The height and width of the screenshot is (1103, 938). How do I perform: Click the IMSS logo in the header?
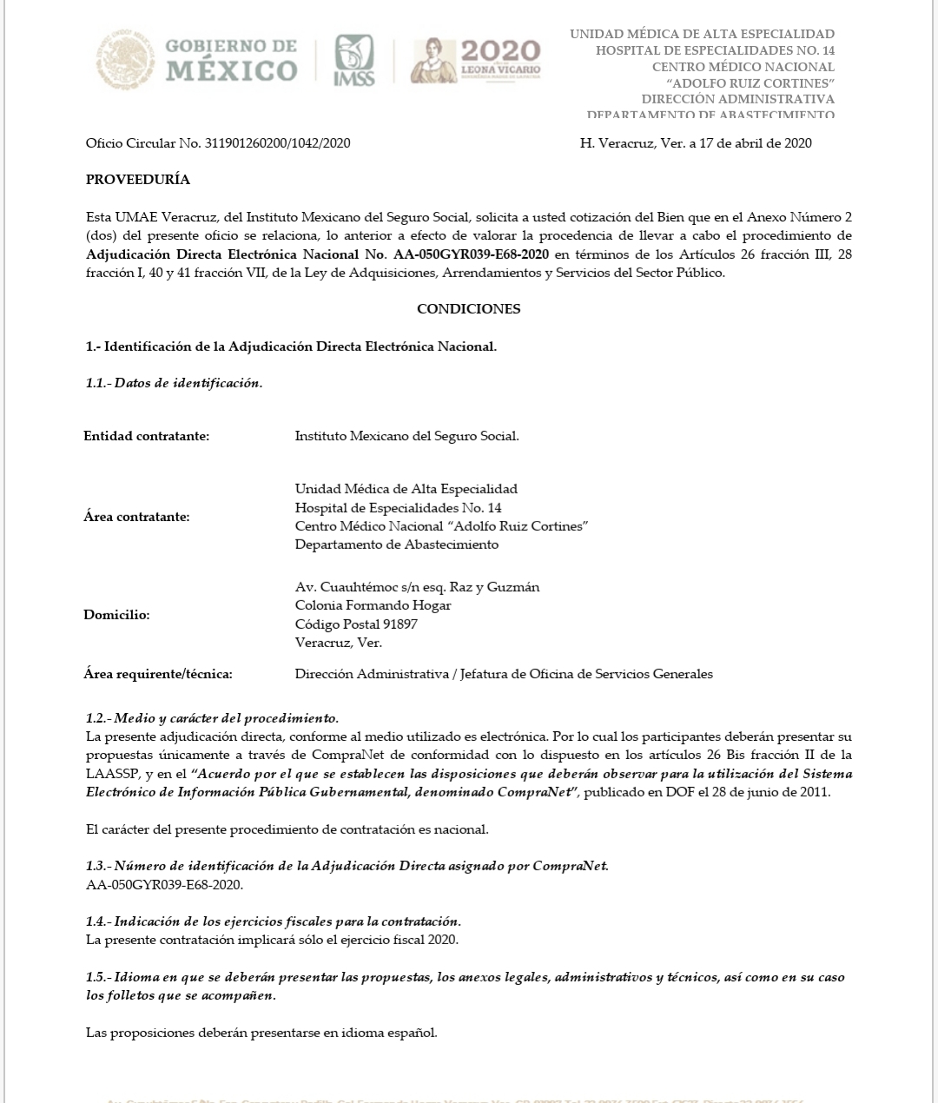point(354,60)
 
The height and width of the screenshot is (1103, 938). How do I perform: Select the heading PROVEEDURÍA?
point(138,180)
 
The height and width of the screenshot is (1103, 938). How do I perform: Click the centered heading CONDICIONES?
point(468,308)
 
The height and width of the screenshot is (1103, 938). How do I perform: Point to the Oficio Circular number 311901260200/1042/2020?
point(277,143)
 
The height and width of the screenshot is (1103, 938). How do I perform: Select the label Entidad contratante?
point(146,436)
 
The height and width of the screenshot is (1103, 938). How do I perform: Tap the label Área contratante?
point(136,517)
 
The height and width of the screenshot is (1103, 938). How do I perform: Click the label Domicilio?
point(116,615)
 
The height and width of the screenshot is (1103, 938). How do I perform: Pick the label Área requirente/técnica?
point(158,674)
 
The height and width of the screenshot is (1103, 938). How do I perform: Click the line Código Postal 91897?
point(356,624)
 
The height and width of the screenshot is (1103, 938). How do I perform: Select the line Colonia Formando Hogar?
point(373,605)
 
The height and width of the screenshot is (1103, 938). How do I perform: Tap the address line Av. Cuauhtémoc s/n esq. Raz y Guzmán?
point(417,587)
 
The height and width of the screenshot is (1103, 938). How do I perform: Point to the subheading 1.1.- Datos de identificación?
point(174,383)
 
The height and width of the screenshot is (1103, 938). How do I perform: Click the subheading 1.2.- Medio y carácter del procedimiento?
point(212,718)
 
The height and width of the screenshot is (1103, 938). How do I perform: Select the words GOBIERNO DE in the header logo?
point(230,46)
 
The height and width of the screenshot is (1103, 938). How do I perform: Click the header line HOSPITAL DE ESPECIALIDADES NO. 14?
point(715,50)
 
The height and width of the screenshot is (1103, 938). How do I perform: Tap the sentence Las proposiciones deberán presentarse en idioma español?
point(261,1033)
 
